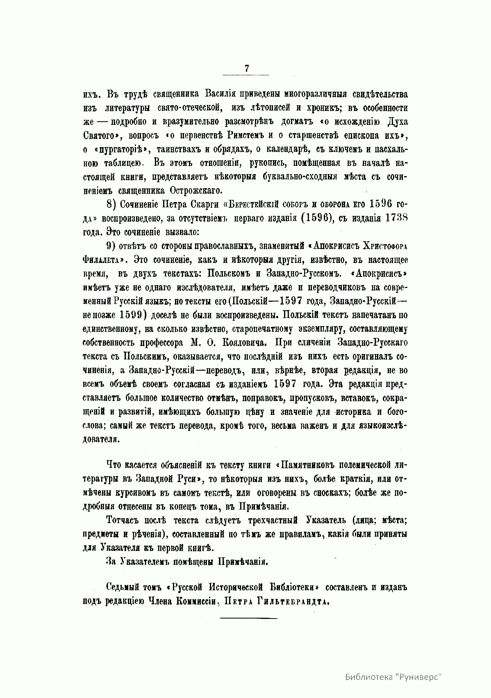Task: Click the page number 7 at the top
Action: (x=246, y=69)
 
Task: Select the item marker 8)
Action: (x=111, y=204)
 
